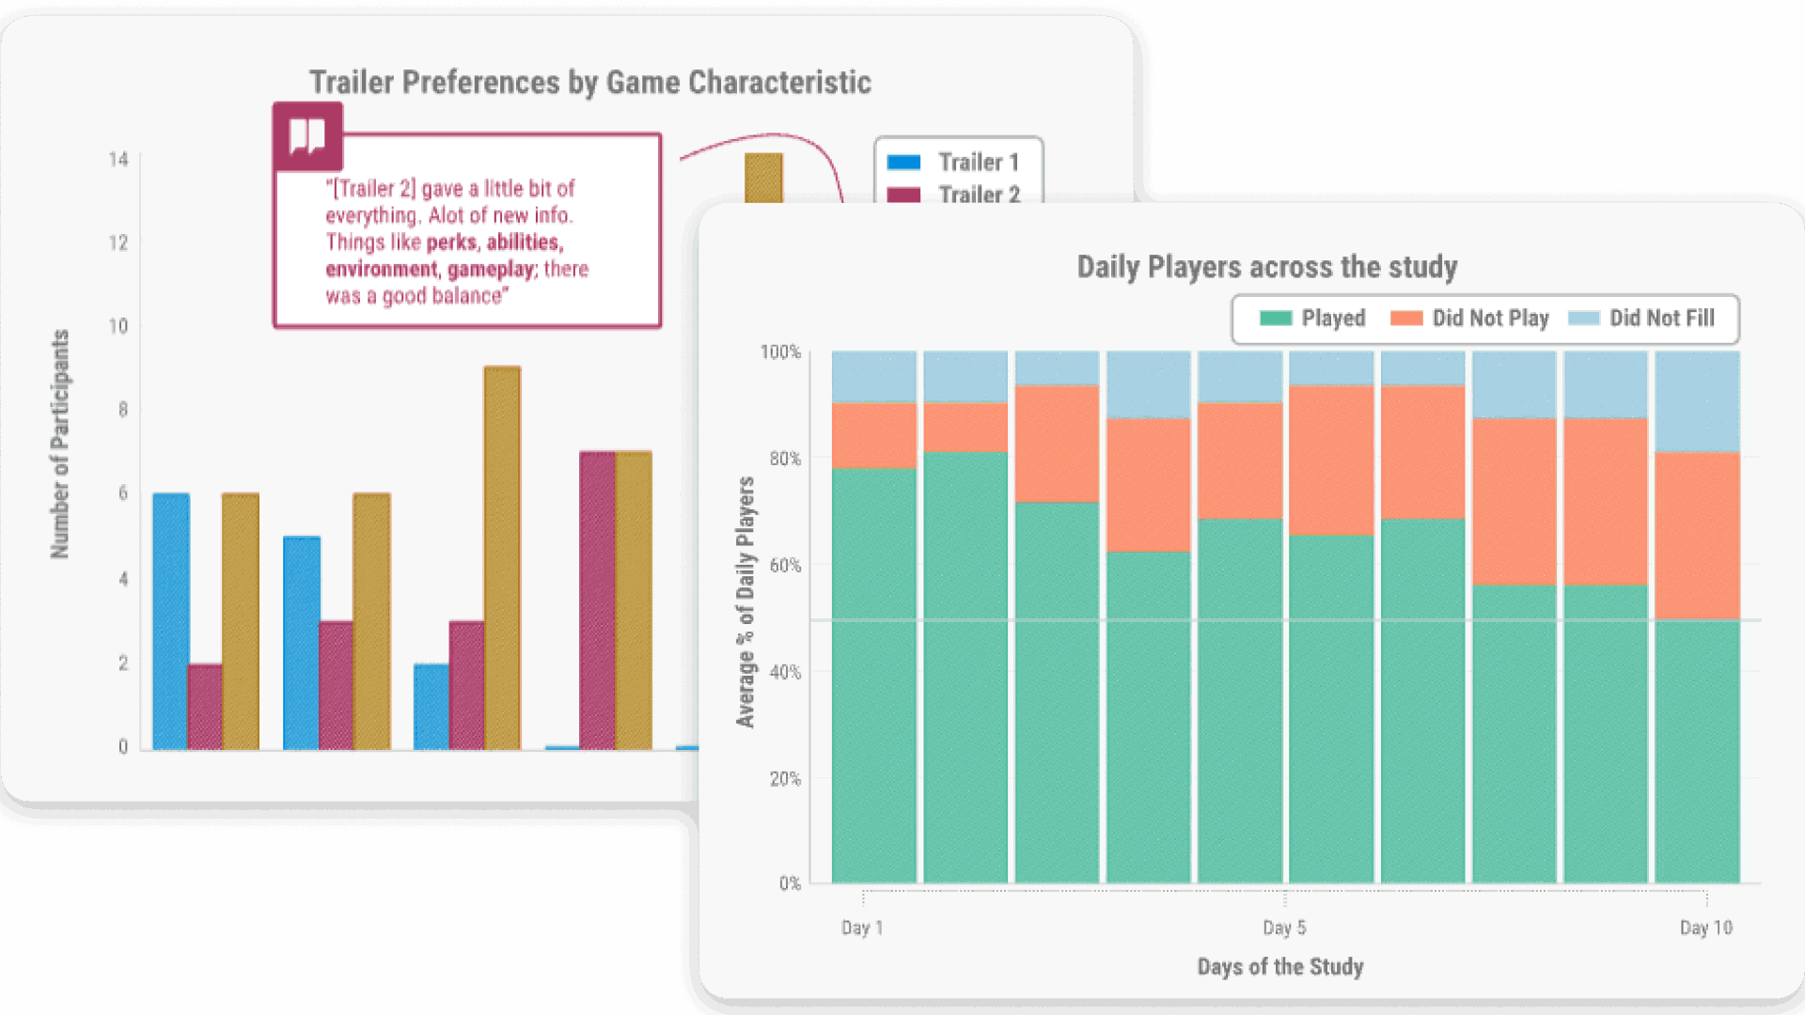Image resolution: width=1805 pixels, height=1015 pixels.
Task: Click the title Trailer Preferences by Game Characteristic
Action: coord(590,83)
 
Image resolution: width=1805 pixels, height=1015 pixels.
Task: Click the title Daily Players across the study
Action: coord(1266,267)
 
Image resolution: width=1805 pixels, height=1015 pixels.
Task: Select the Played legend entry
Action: coord(1312,319)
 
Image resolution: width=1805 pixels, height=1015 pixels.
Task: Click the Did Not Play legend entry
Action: coord(1469,319)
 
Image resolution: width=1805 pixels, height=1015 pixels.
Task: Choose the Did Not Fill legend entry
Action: coord(1641,319)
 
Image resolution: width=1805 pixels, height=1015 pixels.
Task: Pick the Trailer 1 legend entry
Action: coord(953,163)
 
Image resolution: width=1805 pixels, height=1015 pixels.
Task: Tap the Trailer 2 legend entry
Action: coord(953,195)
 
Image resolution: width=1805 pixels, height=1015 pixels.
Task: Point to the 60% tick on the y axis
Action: coord(785,565)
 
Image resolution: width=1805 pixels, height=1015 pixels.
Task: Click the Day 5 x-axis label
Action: coord(1284,928)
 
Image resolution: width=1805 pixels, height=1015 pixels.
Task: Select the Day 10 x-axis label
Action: coord(1705,928)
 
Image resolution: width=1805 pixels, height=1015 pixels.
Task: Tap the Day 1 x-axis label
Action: coord(862,928)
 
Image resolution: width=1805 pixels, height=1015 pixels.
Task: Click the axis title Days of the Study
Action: coord(1279,967)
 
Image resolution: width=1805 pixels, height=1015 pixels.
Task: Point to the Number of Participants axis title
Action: coord(60,444)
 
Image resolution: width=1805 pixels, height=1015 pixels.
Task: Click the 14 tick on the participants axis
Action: coord(118,160)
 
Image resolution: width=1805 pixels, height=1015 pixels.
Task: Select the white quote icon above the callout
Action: coord(307,136)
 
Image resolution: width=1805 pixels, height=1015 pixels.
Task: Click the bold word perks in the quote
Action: coord(452,242)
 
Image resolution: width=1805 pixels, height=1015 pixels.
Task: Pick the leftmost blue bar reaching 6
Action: coord(171,621)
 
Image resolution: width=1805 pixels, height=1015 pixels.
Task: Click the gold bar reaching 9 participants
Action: coord(502,558)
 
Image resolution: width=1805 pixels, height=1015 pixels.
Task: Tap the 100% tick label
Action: coord(780,352)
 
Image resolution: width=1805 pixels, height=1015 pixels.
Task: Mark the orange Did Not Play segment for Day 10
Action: coord(1697,536)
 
